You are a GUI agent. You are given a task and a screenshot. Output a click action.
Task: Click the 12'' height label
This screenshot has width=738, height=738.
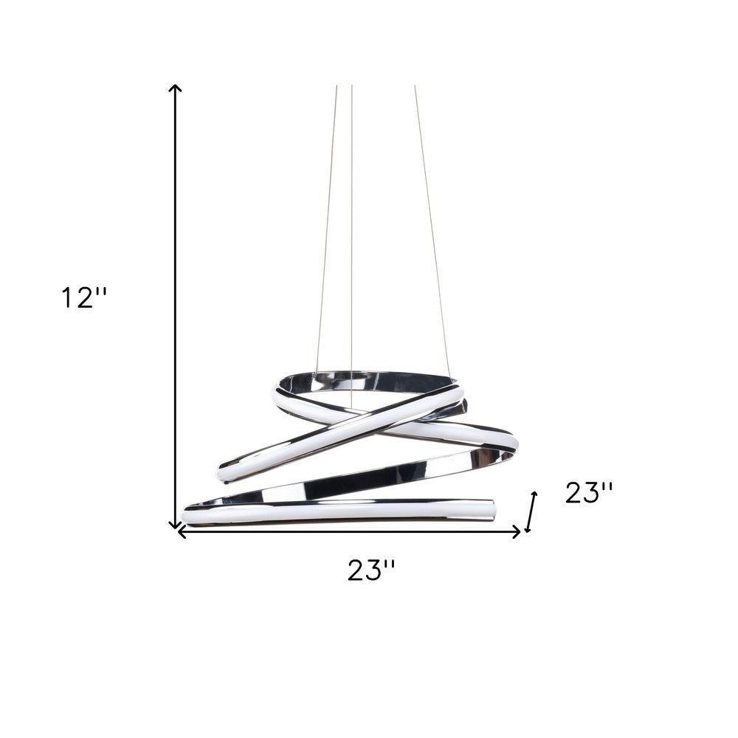tap(85, 298)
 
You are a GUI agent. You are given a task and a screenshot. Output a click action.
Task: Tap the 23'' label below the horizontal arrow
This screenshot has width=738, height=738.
tap(371, 570)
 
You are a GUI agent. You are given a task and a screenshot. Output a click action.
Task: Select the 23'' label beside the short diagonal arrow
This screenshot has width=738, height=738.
tap(589, 493)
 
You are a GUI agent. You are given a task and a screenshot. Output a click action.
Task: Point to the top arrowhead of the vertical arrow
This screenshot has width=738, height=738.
tap(175, 88)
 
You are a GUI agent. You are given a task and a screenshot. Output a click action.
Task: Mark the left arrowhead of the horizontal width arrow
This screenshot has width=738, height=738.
tap(181, 532)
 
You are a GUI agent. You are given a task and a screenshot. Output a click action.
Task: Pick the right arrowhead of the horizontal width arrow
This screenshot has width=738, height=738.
tap(517, 532)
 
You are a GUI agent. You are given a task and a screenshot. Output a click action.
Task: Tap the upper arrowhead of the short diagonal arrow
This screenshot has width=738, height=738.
tap(534, 495)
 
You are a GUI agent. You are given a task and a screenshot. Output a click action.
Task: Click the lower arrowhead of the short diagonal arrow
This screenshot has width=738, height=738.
tap(528, 528)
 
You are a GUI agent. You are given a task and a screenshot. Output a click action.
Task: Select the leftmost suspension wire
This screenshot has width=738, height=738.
tap(327, 230)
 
